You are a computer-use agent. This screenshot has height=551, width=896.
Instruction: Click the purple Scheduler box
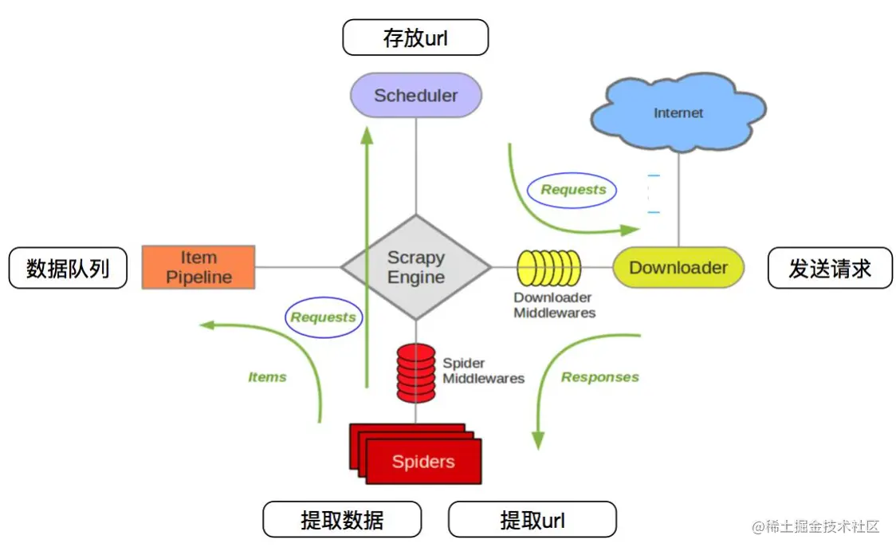coord(416,96)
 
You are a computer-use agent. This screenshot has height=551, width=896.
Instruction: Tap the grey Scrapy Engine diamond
coord(416,268)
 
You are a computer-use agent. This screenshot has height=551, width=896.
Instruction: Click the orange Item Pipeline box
coord(198,267)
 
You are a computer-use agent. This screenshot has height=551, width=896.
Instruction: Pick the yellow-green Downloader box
coord(678,268)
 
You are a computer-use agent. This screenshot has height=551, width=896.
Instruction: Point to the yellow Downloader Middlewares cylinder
coord(549,268)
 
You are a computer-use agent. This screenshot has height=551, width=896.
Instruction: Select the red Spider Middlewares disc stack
coord(416,372)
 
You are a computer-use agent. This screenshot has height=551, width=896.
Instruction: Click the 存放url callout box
coord(415,37)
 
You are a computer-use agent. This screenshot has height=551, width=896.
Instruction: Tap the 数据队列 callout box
coord(68,268)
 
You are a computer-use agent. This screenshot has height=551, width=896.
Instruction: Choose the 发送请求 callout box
coord(830,268)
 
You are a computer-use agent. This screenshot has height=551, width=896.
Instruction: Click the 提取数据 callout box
coord(342,520)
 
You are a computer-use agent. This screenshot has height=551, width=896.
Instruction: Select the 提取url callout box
coord(532,520)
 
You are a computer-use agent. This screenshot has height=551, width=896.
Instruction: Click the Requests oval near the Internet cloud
coord(572,190)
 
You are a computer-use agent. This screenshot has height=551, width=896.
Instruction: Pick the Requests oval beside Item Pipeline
coord(323,317)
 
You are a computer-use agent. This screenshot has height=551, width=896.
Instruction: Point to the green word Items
coord(267,377)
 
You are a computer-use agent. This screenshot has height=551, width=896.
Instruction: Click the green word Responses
coord(600,377)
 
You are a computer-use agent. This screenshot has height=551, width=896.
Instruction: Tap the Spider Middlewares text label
coord(483,371)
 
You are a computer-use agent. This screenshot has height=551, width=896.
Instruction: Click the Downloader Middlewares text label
coord(554,305)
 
